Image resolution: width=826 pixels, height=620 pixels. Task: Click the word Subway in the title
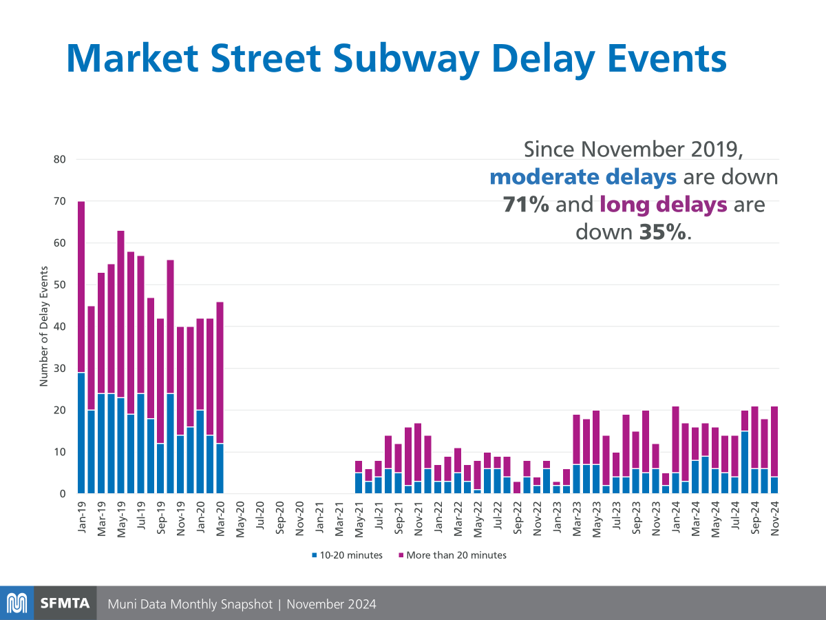point(406,59)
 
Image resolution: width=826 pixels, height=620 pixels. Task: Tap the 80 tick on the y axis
point(59,159)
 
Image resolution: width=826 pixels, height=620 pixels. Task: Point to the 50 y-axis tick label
point(59,285)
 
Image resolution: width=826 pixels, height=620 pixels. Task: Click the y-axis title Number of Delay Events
point(44,326)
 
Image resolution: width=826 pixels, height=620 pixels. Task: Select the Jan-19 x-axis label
point(82,517)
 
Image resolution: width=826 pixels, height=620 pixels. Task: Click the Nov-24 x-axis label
point(774,518)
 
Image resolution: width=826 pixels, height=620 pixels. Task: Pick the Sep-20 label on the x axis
point(279,518)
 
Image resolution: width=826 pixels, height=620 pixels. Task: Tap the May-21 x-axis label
point(359,519)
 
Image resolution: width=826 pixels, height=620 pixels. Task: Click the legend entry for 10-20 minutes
point(348,555)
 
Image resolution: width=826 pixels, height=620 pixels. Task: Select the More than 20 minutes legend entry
point(453,555)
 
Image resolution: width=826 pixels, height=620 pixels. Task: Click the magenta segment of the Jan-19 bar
point(81,287)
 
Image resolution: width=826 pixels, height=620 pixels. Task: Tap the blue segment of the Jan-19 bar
point(81,433)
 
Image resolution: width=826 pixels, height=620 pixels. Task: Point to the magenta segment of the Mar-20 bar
point(220,373)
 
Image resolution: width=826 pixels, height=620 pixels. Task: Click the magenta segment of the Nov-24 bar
point(774,442)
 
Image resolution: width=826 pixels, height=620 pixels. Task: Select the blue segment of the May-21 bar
point(359,483)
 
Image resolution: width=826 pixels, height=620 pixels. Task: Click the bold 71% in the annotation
point(526,205)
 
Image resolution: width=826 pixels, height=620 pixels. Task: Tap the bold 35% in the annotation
point(662,232)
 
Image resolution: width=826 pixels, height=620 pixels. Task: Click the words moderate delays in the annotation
point(583,177)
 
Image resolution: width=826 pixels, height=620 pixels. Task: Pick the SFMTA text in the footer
point(65,603)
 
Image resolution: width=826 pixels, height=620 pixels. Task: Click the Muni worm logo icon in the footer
point(17,603)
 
